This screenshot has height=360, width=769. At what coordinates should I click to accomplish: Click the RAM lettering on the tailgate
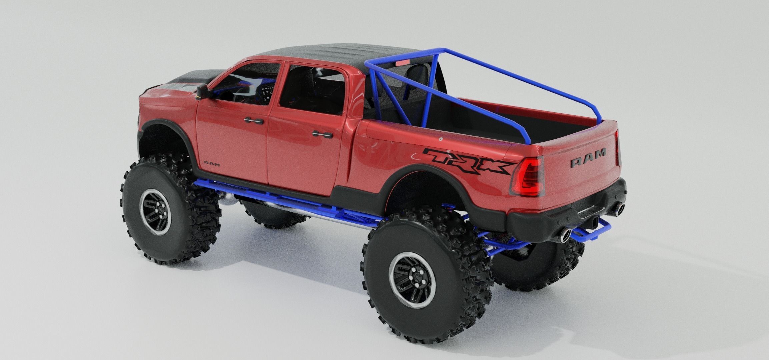(x=588, y=153)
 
